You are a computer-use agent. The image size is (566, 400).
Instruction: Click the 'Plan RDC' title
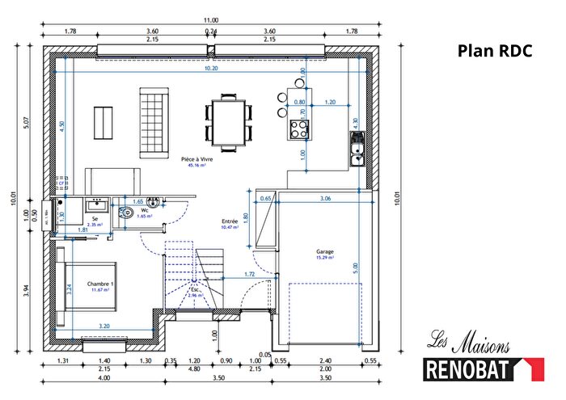click(x=495, y=51)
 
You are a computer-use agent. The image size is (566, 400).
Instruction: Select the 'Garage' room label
click(x=325, y=251)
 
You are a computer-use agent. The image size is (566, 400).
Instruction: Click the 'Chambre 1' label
click(x=100, y=284)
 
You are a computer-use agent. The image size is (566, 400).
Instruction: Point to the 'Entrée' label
click(x=230, y=221)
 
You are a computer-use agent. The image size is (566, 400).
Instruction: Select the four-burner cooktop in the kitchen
click(x=299, y=127)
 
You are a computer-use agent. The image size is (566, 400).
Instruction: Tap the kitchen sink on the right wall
click(x=357, y=148)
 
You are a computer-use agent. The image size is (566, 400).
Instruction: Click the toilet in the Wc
click(x=125, y=214)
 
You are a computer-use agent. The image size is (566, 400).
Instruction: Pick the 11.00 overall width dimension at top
click(x=211, y=20)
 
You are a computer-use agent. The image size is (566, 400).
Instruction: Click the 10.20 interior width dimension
click(x=211, y=69)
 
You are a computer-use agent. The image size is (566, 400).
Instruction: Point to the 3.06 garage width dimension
click(x=324, y=198)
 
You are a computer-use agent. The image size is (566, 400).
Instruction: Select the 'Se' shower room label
click(x=95, y=219)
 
